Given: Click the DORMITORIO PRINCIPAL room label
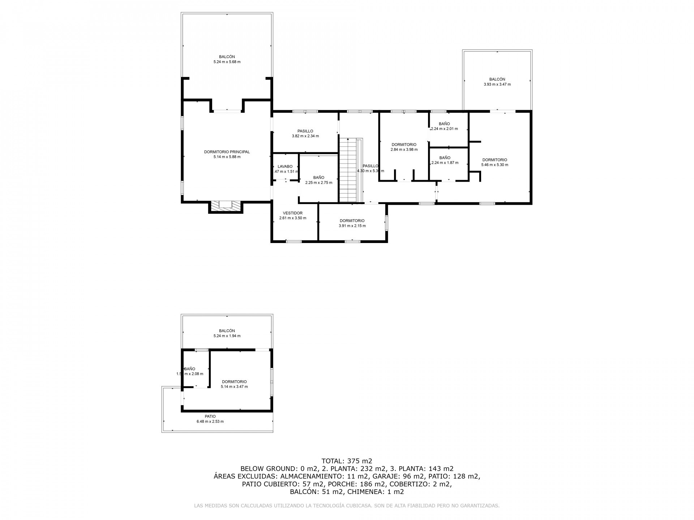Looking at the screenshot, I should pos(227,152).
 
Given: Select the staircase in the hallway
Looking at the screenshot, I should pos(348,170).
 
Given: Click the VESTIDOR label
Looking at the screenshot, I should pos(292,213).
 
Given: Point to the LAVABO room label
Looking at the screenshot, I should pos(285,166).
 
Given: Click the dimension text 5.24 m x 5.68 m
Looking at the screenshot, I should pos(227,62).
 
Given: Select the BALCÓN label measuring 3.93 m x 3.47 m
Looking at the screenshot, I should pos(497,79).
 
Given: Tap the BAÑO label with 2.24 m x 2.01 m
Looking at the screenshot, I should pos(444,124).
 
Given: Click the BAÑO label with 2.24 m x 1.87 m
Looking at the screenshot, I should pos(445,158).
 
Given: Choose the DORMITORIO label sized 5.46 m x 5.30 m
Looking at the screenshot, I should pos(494,160).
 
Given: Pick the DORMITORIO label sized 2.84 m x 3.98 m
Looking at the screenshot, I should pos(404,144).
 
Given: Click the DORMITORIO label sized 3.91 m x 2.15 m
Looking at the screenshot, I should pos(352,221).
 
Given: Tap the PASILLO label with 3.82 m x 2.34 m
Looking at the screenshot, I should pos(305,131).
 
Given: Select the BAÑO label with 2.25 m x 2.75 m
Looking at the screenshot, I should pos(318,178).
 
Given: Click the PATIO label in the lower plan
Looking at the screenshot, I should pos(210,416).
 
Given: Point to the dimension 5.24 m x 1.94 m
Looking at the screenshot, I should pos(227,336).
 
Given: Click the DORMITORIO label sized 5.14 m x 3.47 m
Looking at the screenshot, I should pos(234,381).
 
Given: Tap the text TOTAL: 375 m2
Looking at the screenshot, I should pos(347,461).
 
